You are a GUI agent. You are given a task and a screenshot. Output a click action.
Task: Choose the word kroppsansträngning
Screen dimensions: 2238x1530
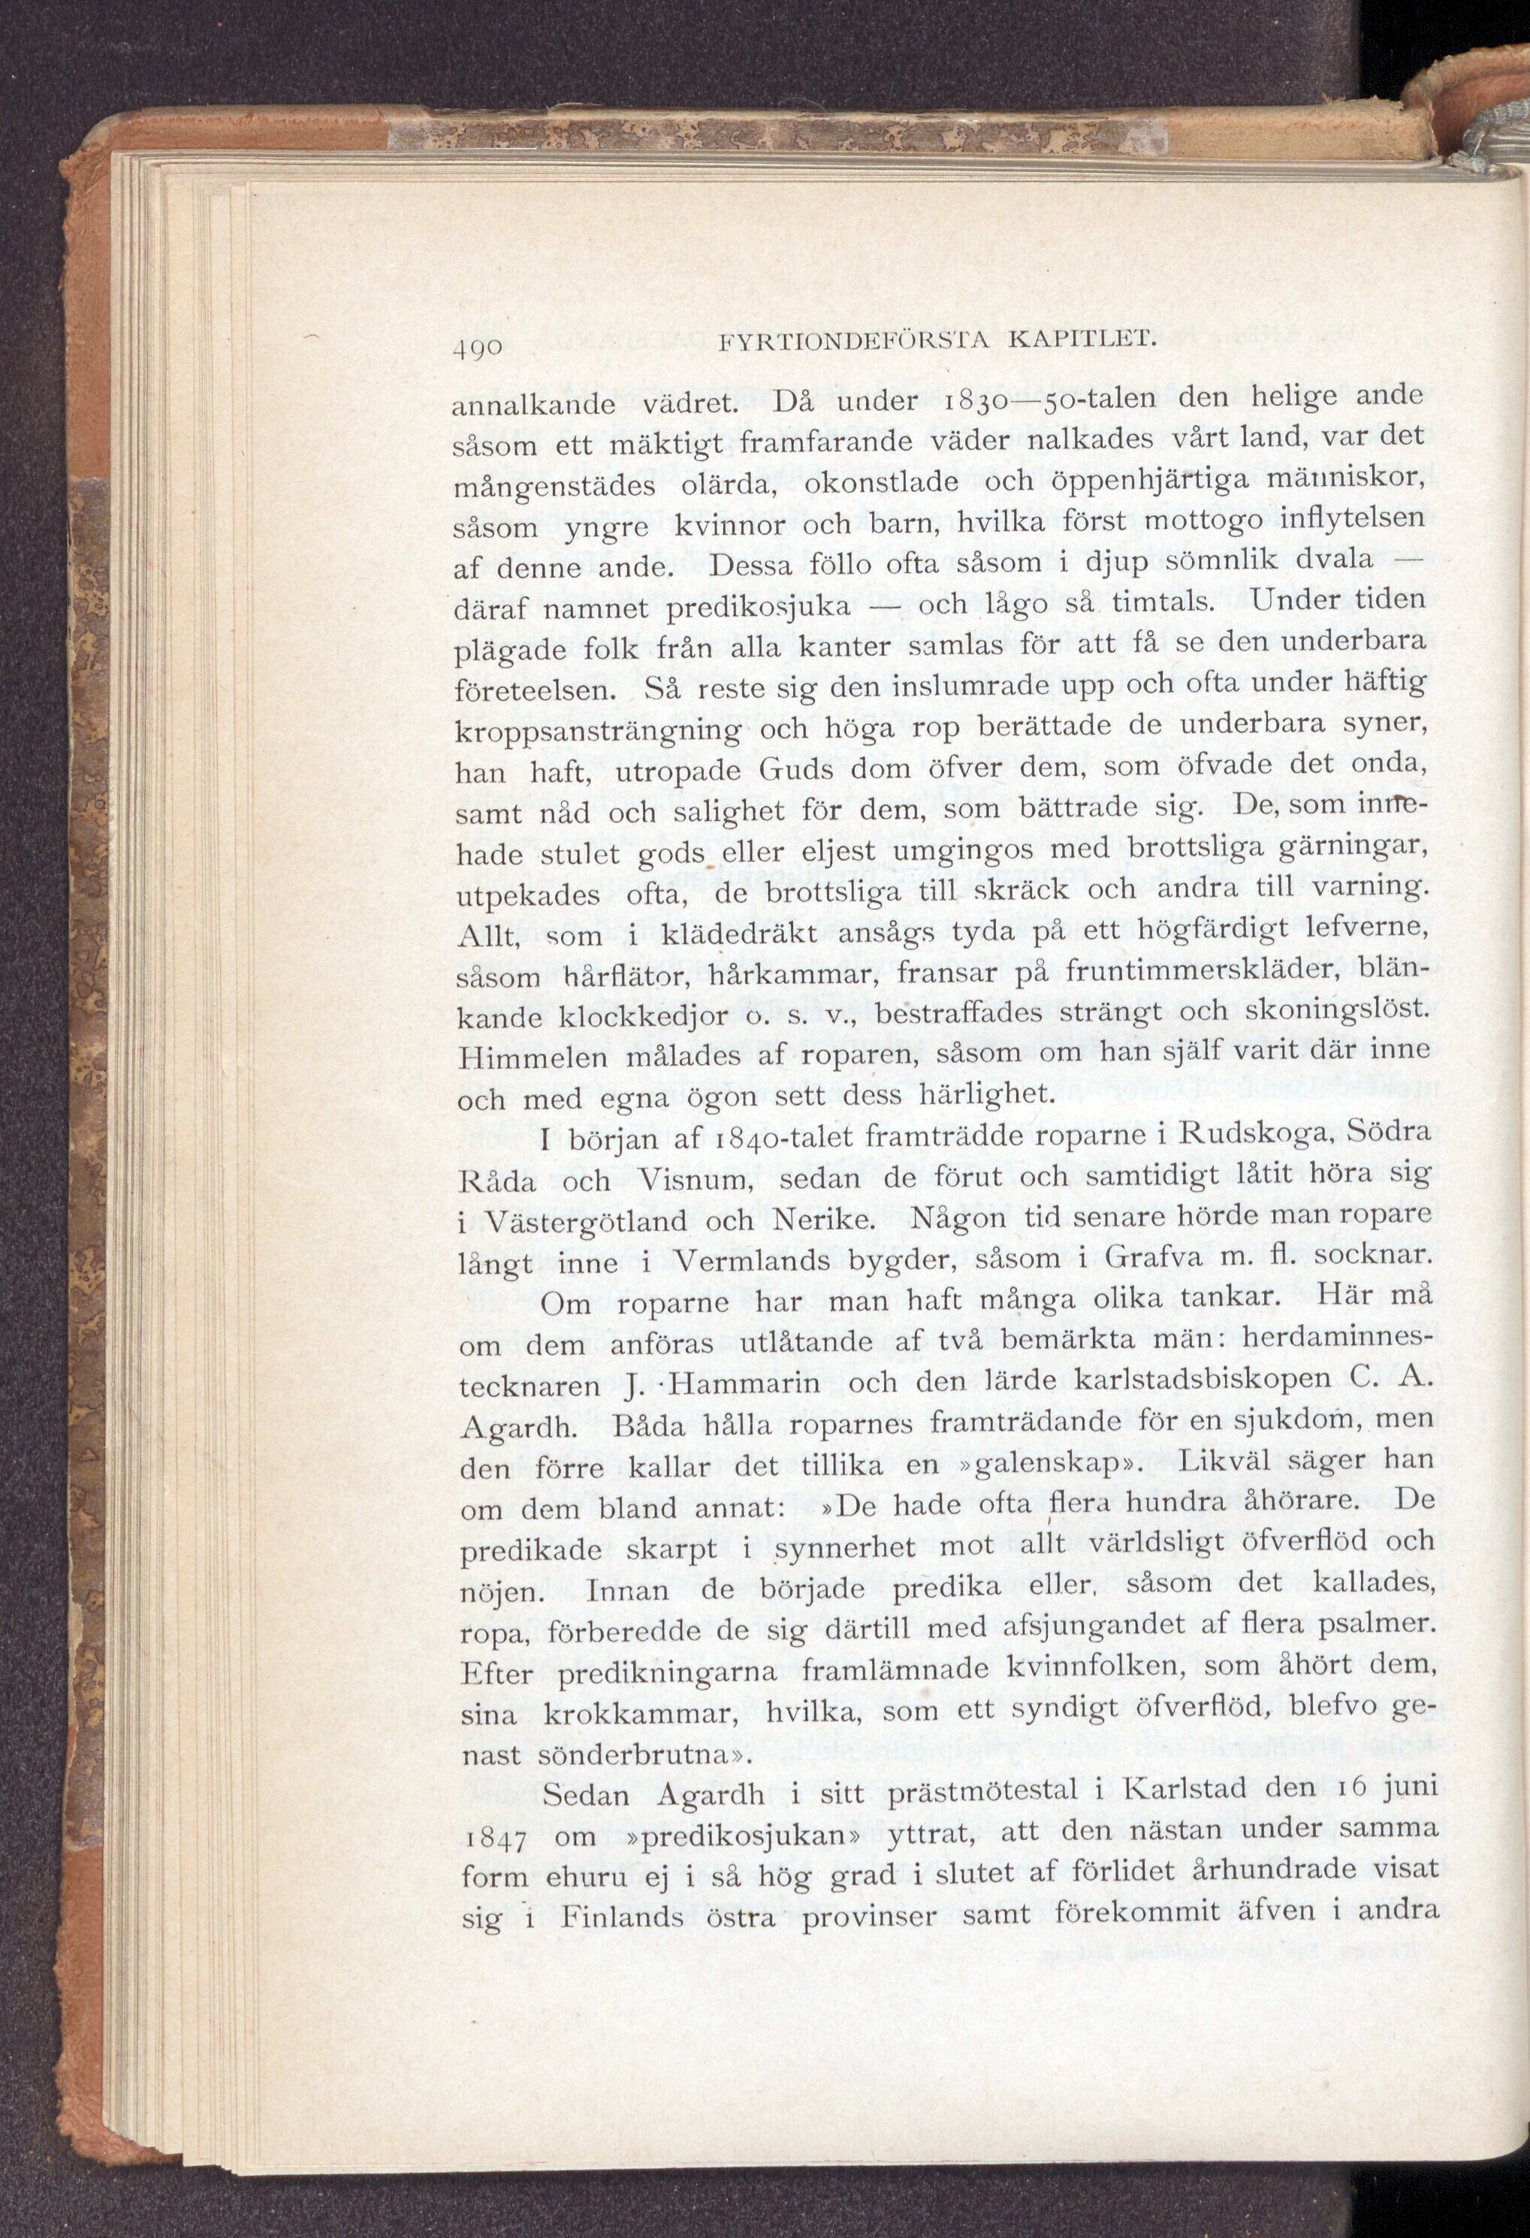click(x=598, y=729)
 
